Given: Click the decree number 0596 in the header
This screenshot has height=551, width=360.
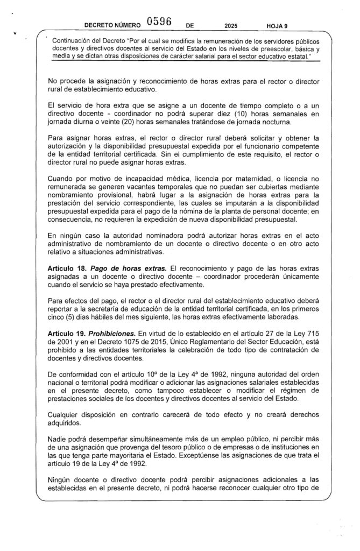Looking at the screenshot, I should click(x=158, y=22).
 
